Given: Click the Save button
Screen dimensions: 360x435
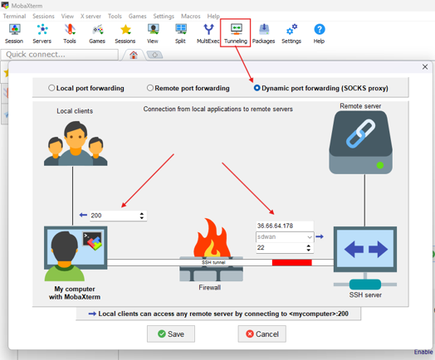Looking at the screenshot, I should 171,333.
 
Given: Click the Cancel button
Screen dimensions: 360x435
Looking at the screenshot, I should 261,333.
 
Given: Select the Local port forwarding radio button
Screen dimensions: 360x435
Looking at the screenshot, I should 51,88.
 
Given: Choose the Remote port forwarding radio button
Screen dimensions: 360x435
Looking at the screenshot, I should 150,88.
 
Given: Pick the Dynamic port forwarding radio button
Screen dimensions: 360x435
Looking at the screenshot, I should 257,88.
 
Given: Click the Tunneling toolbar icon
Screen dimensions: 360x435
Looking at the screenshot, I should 236,33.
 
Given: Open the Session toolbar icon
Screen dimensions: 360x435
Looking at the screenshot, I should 14,33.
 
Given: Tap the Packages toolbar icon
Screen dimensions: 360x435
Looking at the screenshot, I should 263,33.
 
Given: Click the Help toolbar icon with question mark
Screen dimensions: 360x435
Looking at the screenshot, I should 319,33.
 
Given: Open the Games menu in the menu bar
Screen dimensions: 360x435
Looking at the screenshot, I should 137,16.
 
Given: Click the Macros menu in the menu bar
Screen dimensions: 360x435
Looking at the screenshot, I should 190,16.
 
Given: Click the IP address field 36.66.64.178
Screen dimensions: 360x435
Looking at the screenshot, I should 284,226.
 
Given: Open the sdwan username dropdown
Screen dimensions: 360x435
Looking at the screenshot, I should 310,237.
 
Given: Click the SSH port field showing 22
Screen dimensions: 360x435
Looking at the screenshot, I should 281,248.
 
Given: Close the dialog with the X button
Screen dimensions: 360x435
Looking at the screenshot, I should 425,67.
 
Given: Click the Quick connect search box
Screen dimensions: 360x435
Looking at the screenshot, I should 58,55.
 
